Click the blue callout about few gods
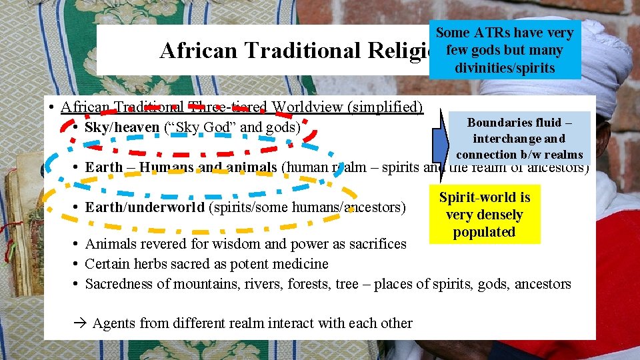coord(504,50)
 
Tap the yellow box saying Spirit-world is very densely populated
coord(484,215)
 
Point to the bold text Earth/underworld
coord(145,207)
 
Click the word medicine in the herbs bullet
coord(300,264)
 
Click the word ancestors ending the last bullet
coord(539,284)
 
